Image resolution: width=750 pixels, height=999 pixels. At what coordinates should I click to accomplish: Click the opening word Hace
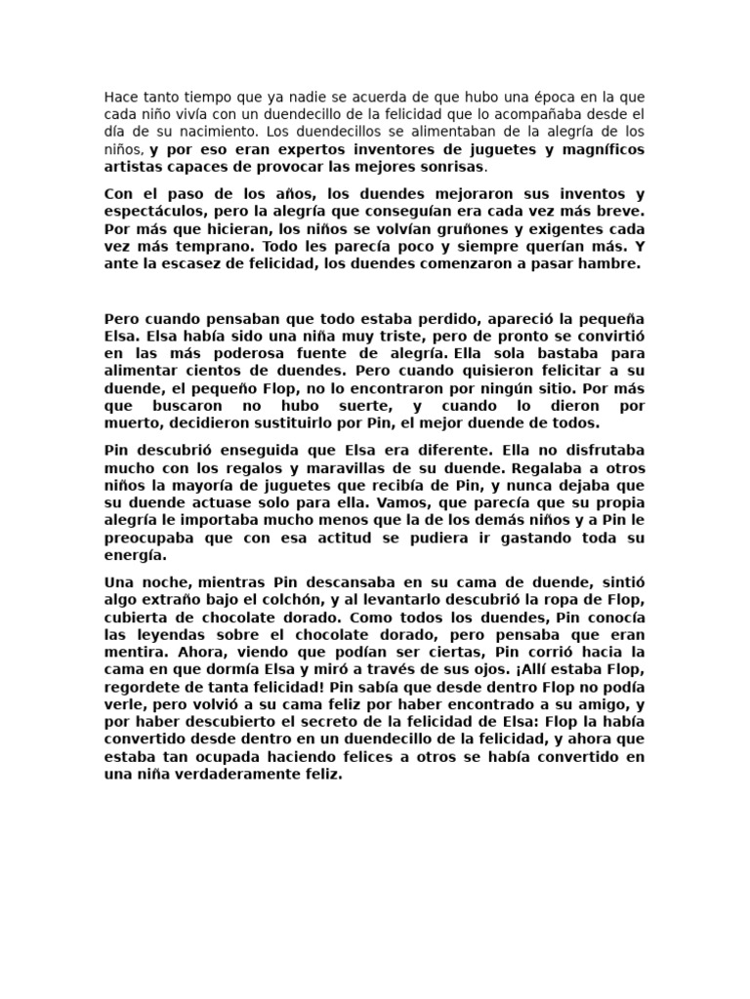(x=122, y=98)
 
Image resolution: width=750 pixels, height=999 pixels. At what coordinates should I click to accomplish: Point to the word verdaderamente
(x=235, y=775)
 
